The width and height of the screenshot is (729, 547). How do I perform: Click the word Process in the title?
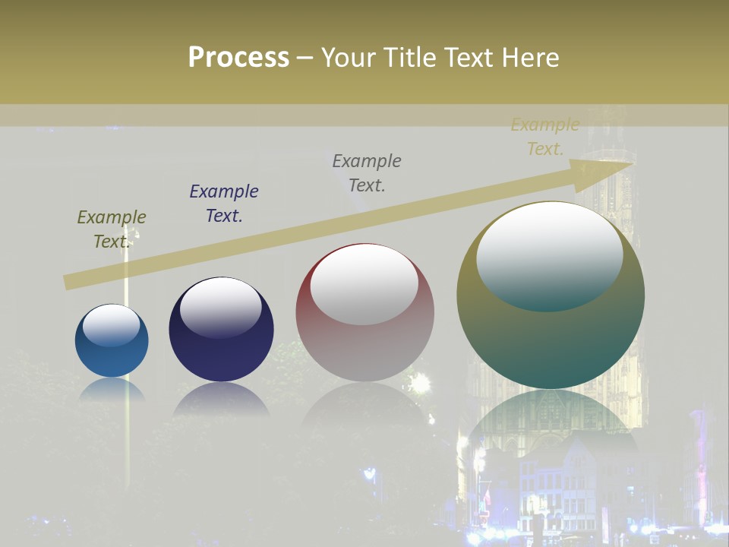[x=238, y=58]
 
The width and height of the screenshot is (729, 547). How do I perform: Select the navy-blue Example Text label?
[x=224, y=204]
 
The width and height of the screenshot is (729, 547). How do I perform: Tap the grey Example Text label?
[x=367, y=172]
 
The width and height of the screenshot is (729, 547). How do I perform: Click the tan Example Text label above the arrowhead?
[x=545, y=137]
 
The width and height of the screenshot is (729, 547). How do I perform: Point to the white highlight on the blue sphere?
[x=112, y=324]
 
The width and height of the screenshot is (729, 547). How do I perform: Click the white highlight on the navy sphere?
[x=220, y=307]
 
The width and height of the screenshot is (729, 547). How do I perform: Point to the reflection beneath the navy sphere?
[x=221, y=400]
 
